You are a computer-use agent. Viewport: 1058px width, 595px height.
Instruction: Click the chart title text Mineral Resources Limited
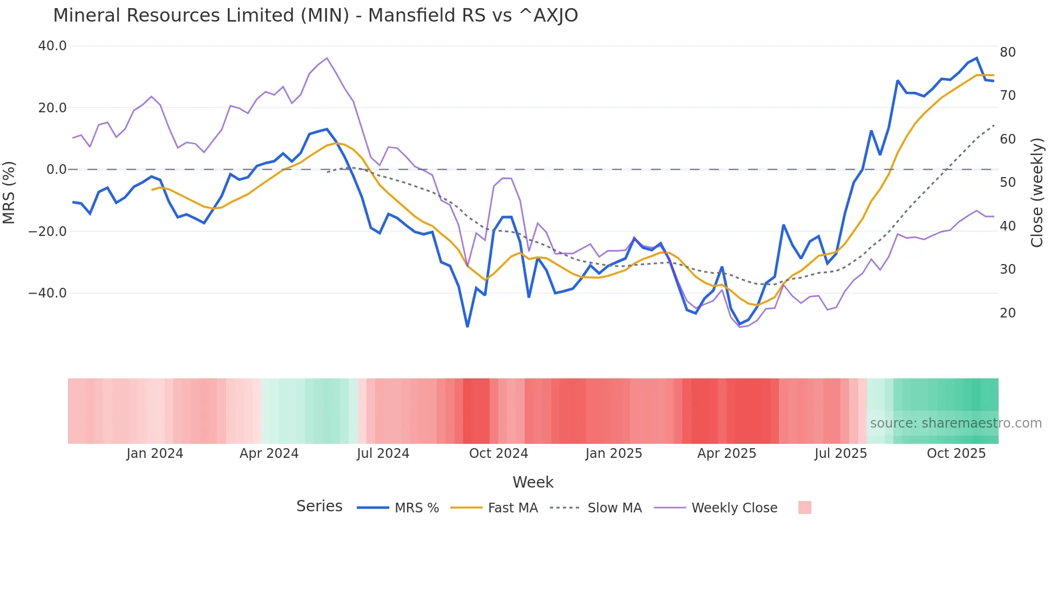click(315, 16)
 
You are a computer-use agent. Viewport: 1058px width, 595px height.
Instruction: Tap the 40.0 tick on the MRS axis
click(52, 46)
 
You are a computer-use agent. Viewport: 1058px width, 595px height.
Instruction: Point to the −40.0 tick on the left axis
click(48, 293)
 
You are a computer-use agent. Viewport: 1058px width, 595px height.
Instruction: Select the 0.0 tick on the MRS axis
click(56, 170)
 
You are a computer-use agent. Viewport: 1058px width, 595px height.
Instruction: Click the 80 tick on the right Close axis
click(1007, 52)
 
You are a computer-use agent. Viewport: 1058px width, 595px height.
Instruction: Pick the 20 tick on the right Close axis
click(1007, 313)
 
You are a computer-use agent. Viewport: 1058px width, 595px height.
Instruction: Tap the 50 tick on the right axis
click(1007, 182)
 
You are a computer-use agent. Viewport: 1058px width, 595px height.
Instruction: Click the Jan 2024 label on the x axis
click(155, 454)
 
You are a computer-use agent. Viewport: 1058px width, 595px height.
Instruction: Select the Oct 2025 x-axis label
click(956, 454)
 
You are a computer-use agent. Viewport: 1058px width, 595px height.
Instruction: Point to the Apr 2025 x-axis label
click(727, 454)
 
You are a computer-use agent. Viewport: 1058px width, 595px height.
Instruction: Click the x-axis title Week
click(533, 482)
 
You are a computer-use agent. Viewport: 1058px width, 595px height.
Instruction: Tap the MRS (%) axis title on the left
click(9, 193)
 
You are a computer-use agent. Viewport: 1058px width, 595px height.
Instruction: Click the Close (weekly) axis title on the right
click(1036, 193)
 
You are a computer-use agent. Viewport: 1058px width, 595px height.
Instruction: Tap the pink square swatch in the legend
click(804, 508)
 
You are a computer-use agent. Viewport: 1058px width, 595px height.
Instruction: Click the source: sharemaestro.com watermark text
click(955, 423)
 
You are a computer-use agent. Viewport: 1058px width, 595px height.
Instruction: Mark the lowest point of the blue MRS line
click(467, 326)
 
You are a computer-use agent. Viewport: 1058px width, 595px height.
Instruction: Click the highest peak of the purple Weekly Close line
click(327, 58)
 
